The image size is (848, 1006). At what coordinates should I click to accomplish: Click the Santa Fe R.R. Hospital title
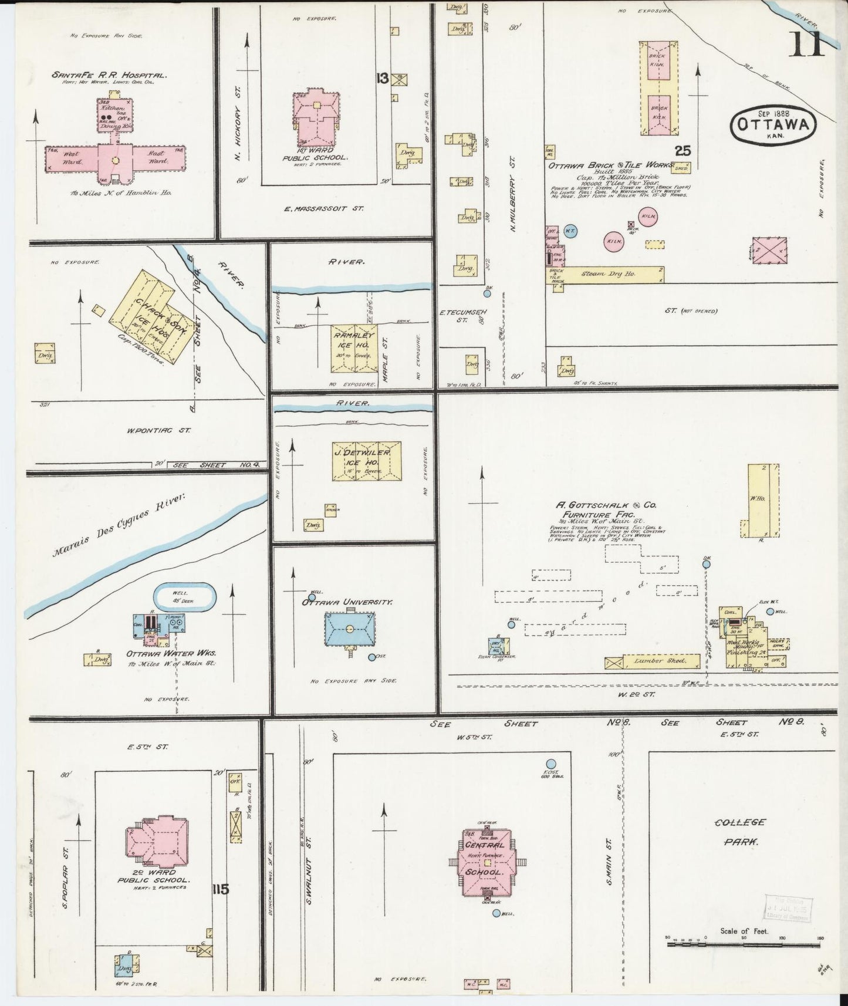click(110, 75)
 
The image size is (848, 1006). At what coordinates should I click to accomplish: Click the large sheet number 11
click(806, 44)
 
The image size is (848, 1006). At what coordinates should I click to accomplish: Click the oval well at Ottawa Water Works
click(184, 598)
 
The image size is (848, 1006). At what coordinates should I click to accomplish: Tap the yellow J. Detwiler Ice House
click(366, 461)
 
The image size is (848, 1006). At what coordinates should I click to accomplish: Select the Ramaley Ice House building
click(354, 349)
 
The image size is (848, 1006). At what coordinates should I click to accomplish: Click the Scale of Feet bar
click(744, 945)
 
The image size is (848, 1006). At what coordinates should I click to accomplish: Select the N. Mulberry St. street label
click(512, 194)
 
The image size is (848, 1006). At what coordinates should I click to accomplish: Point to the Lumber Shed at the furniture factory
click(653, 662)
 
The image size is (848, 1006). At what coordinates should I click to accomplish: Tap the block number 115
click(221, 889)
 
